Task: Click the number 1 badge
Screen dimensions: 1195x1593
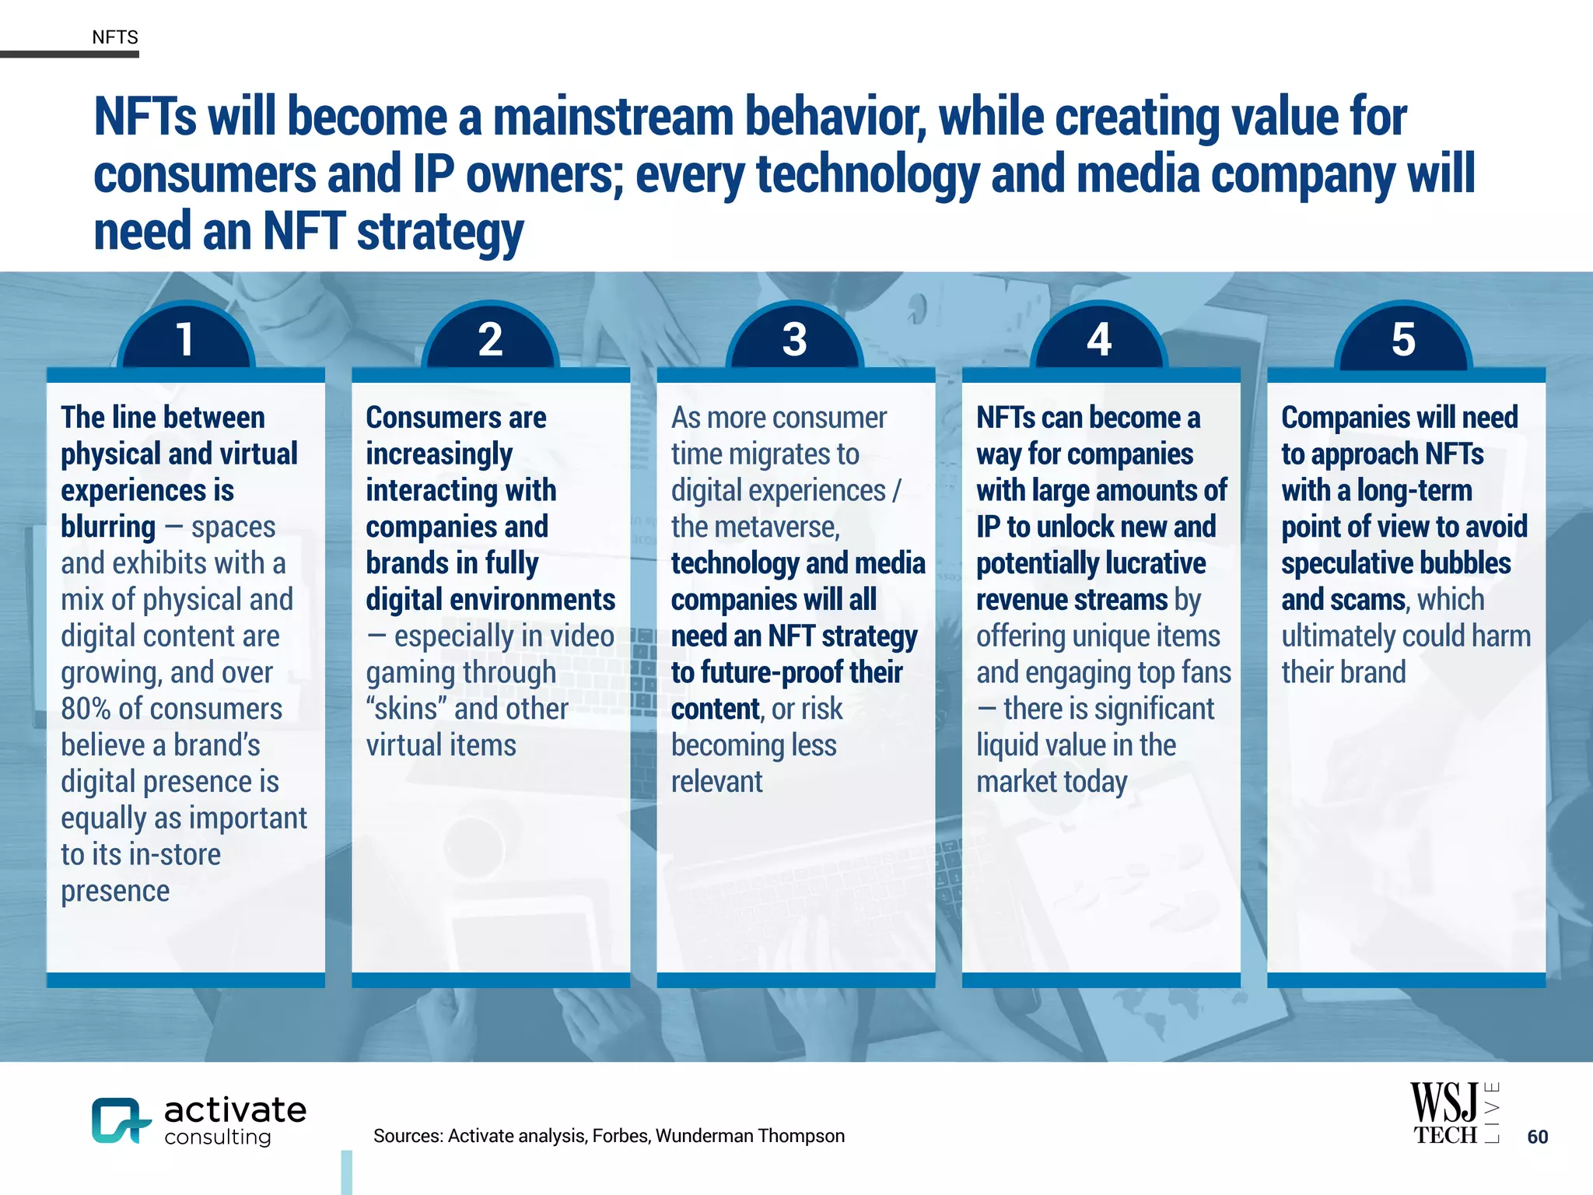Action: coord(185,339)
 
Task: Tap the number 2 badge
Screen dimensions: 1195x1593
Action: coord(490,339)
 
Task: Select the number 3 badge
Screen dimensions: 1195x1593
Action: coord(794,339)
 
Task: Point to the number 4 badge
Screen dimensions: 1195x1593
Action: coord(1099,339)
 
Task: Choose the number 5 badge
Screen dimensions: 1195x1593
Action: coord(1403,339)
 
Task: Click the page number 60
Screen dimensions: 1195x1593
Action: coord(1537,1137)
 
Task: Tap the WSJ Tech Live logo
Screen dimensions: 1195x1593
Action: coord(1454,1113)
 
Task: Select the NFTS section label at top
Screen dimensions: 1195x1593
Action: coord(114,37)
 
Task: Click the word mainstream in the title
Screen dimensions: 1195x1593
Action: coord(613,117)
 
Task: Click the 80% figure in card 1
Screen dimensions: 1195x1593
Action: coord(86,709)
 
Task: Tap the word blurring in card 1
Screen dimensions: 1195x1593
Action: coord(108,527)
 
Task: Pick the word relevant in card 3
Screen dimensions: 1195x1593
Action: coord(716,782)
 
